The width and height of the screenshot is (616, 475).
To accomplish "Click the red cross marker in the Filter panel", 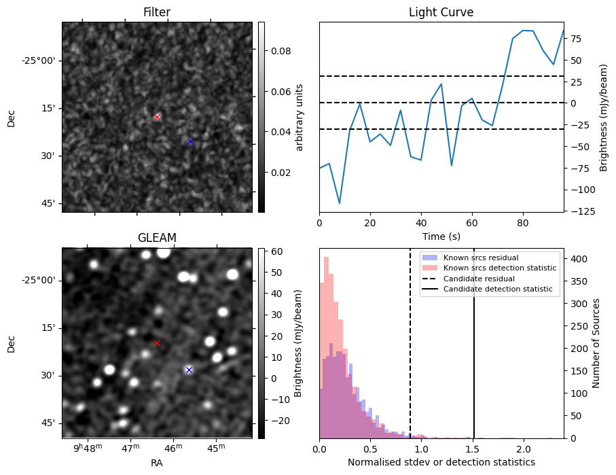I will [x=158, y=117].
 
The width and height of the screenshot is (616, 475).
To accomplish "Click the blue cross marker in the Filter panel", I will [x=190, y=141].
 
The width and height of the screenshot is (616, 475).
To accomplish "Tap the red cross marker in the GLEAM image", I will [x=157, y=342].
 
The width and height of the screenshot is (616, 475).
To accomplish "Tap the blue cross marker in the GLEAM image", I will [x=189, y=370].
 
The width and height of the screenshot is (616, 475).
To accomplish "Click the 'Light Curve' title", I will [x=441, y=12].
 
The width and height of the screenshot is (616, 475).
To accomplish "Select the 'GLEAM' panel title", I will [x=157, y=238].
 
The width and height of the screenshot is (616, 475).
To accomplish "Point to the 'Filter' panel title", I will [x=157, y=12].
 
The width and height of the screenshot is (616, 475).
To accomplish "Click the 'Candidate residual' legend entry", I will [x=475, y=279].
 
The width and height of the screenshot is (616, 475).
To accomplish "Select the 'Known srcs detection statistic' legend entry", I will [x=499, y=268].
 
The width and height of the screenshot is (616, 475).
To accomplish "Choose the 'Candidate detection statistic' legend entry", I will [x=497, y=289].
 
